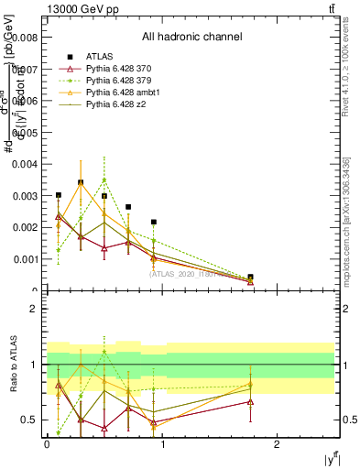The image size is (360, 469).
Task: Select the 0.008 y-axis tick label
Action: pos(24,38)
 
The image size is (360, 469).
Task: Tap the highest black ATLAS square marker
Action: pos(81,182)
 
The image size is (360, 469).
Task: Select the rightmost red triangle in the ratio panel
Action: pos(250,401)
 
